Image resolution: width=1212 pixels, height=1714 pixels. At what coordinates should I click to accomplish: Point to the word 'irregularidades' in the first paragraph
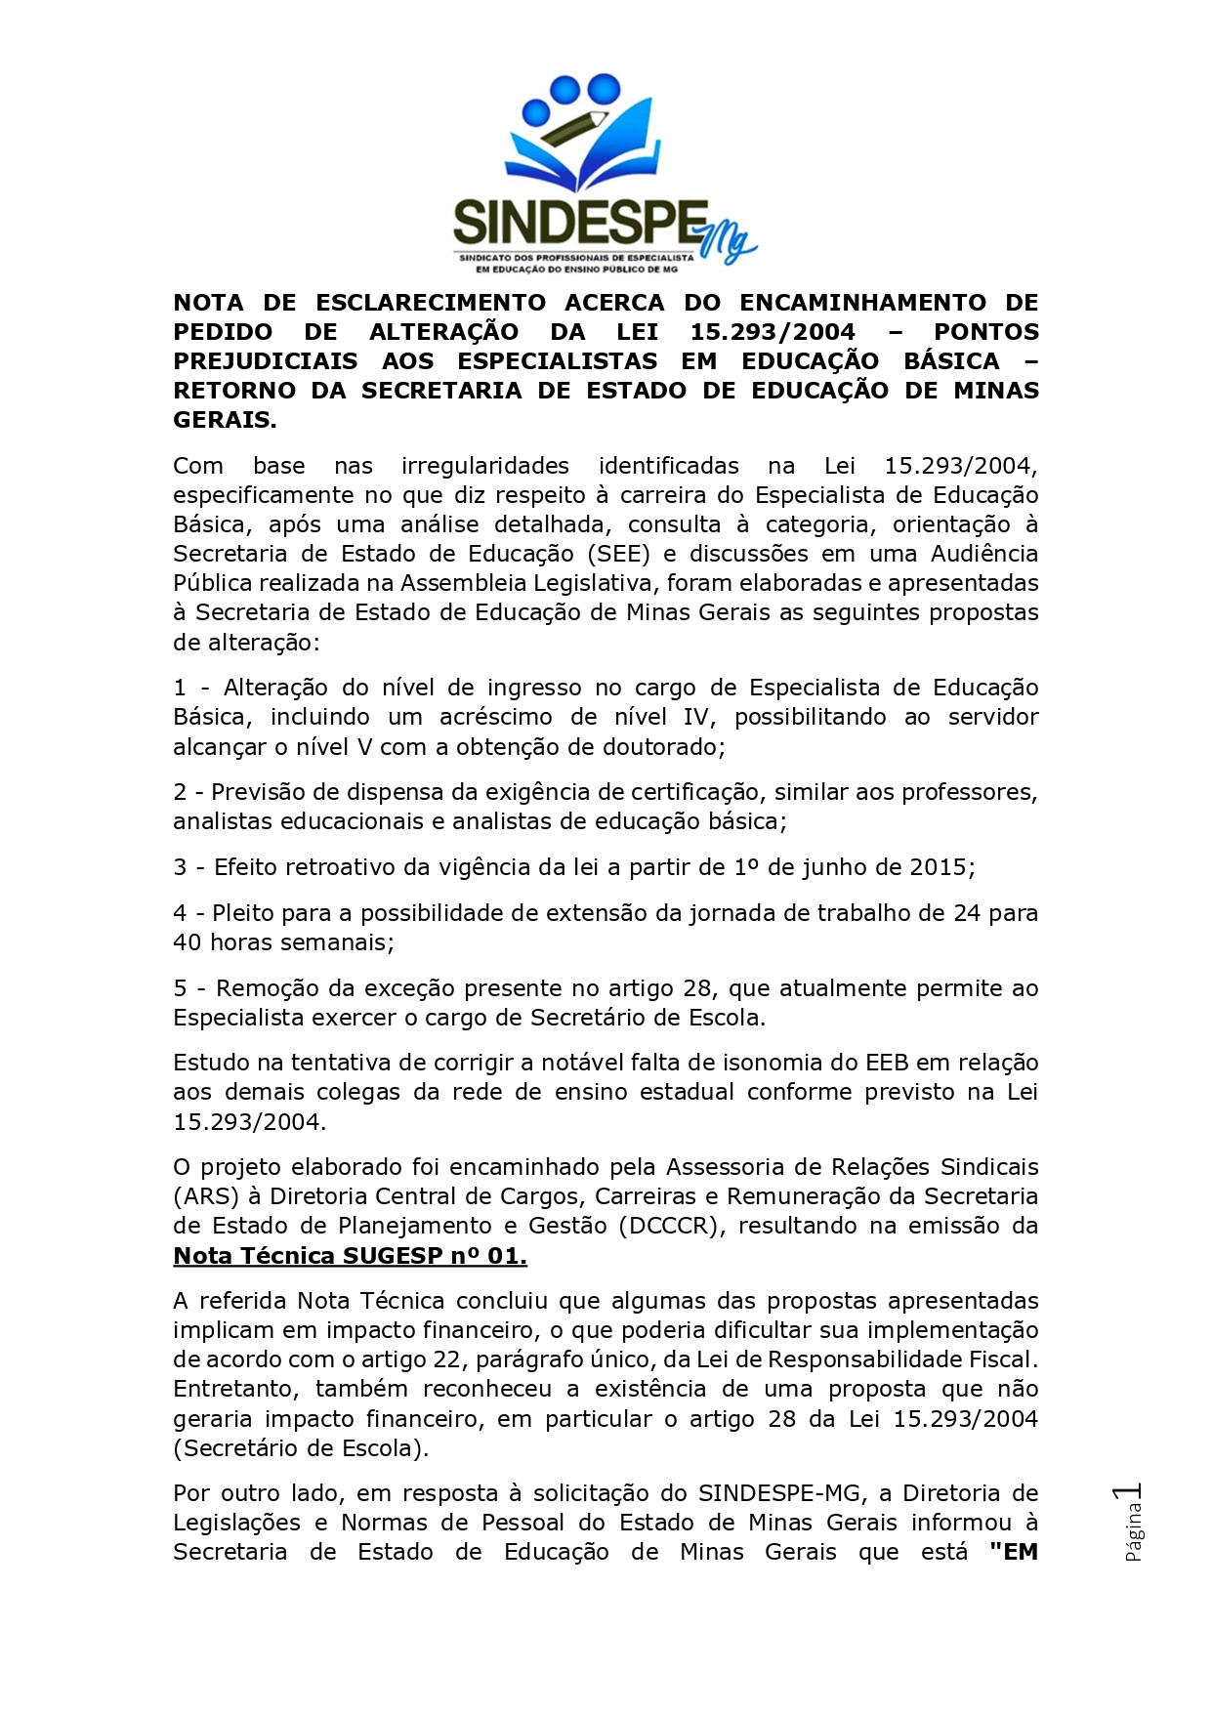coord(484,466)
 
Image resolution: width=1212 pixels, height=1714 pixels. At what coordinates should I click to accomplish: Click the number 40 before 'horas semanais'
coord(188,942)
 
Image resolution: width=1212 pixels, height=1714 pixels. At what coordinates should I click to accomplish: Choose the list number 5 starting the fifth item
coord(180,988)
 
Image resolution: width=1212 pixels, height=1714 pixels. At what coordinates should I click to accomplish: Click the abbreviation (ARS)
coord(204,1196)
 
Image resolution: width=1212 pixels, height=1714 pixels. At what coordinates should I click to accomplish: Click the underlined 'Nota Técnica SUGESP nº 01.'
coord(350,1256)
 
